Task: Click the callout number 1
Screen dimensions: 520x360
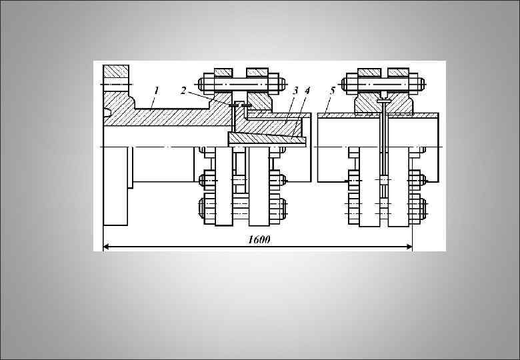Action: (x=156, y=90)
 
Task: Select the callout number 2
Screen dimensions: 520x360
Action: (x=183, y=91)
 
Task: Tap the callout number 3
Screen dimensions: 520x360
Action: (x=295, y=90)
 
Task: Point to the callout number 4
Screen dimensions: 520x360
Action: (x=307, y=90)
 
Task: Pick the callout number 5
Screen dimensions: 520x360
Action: (x=333, y=91)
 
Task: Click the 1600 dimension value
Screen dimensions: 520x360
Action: (x=259, y=240)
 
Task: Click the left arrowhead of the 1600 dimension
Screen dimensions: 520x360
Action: (x=106, y=246)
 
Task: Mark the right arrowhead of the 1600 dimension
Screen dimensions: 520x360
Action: (x=409, y=246)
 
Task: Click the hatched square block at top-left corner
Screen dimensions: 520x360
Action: (x=115, y=71)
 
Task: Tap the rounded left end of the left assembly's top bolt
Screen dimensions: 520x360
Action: (x=201, y=84)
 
